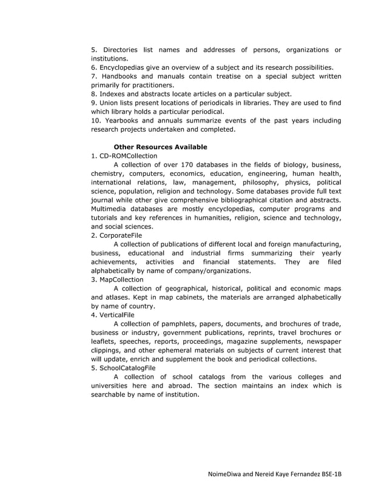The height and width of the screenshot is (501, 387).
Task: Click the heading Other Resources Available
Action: point(160,147)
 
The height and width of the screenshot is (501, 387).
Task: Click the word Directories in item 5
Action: point(121,50)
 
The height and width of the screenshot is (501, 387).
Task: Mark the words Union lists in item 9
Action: point(116,103)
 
